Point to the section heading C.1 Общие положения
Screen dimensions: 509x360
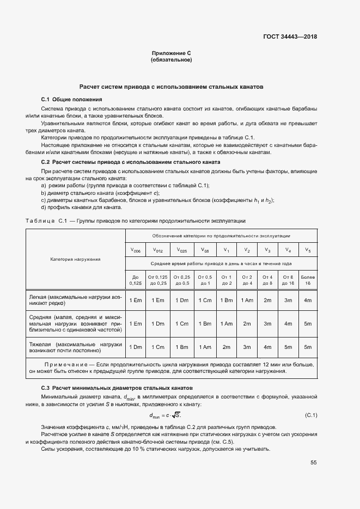click(71, 100)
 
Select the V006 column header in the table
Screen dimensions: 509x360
click(136, 250)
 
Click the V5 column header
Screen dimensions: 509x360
click(308, 250)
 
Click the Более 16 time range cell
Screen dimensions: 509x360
click(308, 280)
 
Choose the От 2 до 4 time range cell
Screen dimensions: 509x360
click(247, 280)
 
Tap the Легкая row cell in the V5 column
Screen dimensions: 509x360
click(308, 301)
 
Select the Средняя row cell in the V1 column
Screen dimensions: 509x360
click(226, 323)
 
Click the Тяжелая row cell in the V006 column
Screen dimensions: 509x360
click(136, 347)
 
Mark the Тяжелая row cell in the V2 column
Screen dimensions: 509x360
click(247, 347)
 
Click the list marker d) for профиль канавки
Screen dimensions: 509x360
click(44, 207)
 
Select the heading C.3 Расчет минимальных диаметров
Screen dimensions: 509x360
click(117, 388)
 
